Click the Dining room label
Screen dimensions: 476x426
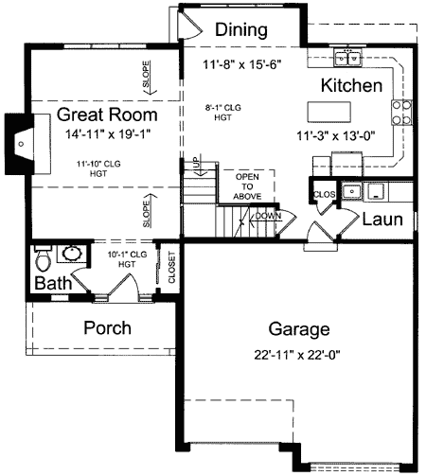[x=240, y=29]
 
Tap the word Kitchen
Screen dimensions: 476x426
[x=351, y=86]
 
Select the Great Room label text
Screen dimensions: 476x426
[x=106, y=115]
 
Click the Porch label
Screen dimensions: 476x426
[x=107, y=328]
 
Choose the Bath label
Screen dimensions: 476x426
[x=53, y=284]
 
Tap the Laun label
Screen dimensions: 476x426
[x=383, y=220]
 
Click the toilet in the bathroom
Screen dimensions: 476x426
[x=43, y=257]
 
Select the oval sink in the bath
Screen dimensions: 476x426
[x=72, y=254]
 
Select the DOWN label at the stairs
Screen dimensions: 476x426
[x=268, y=216]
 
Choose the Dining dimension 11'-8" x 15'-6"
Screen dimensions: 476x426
[x=242, y=64]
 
